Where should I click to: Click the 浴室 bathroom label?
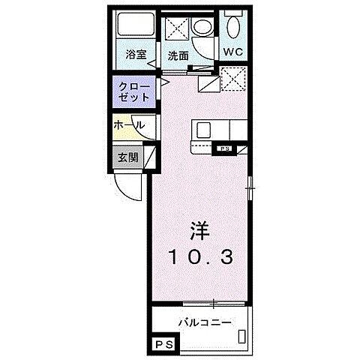point(135,54)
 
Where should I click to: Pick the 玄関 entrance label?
point(127,157)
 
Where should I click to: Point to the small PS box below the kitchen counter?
point(224,149)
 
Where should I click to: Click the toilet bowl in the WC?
point(232,29)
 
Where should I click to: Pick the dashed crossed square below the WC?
point(233,76)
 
